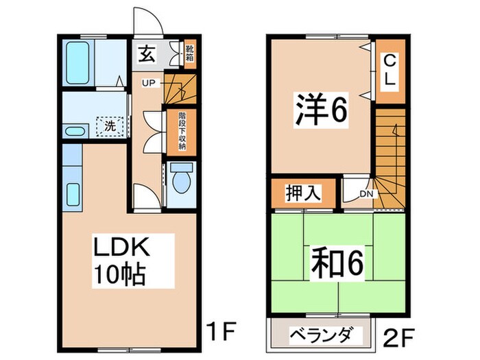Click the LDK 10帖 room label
point(125,261)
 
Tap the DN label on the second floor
point(366,194)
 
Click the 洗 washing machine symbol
point(109,125)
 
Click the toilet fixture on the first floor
point(181,180)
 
